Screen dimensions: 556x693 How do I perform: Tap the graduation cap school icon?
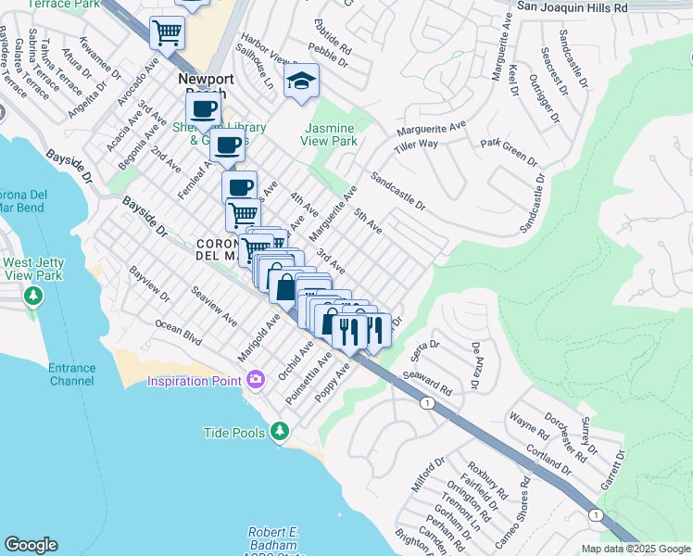302,82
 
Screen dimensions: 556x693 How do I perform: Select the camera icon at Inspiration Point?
256,379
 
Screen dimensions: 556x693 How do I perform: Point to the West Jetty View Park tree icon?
33,296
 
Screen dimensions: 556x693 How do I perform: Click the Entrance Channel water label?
72,374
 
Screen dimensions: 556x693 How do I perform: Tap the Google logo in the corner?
31,545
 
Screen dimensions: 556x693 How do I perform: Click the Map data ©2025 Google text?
635,549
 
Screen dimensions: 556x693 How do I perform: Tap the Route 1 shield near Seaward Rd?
426,404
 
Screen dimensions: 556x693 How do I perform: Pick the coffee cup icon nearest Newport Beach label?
203,108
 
